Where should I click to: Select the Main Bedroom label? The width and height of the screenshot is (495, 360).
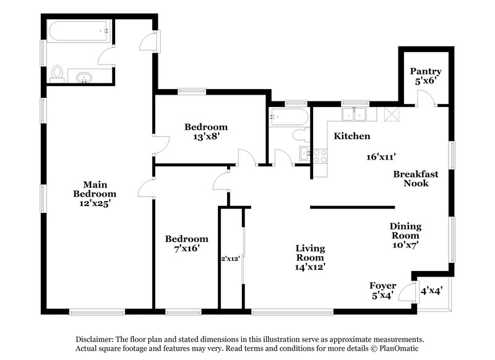[92, 188]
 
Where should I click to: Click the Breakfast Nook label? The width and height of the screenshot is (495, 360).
[416, 178]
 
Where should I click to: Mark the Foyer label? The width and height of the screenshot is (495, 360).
[382, 285]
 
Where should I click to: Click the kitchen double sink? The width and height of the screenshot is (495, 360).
[357, 114]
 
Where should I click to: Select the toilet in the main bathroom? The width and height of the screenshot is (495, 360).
[58, 74]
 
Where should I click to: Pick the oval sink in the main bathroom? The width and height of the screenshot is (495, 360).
[84, 77]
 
